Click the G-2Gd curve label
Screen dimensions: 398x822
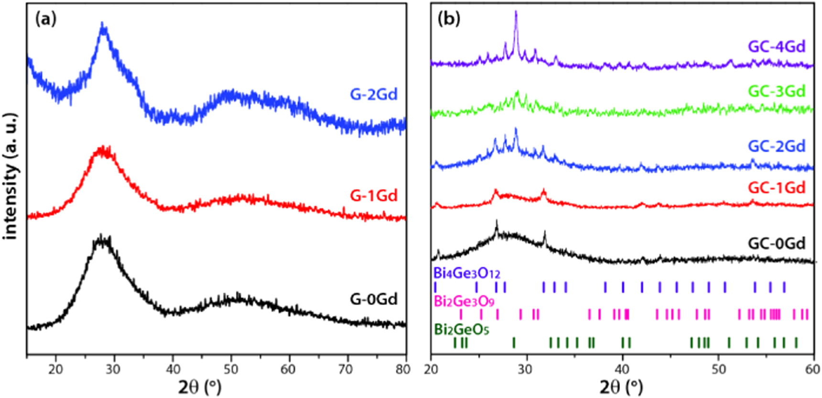tap(374, 95)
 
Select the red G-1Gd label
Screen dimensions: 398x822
tap(374, 195)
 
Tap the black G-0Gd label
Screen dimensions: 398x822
tap(374, 299)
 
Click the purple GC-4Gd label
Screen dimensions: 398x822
tap(777, 47)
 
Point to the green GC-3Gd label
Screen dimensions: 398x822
tap(777, 91)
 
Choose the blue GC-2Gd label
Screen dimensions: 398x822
tap(777, 146)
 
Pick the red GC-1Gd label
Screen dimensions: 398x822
tap(777, 187)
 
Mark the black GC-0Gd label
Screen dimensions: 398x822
tap(777, 243)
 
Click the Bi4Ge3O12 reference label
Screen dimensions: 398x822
tap(466, 274)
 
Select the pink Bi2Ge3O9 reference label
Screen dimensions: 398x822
tap(464, 301)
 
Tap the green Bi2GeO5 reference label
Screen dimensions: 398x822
tap(461, 330)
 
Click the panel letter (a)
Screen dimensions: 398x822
tap(46, 19)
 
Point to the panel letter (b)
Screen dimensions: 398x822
tap(449, 19)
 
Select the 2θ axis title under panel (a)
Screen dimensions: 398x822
tap(200, 387)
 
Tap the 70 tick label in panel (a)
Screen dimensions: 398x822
tap(346, 369)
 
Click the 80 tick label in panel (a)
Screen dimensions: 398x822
tap(403, 369)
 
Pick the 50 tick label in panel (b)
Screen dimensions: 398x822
tap(718, 369)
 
